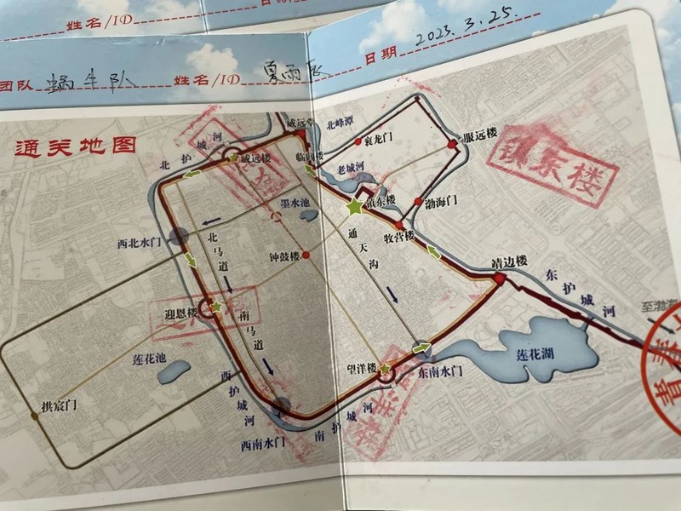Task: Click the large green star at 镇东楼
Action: (x=353, y=206)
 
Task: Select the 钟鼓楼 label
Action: (x=283, y=255)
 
